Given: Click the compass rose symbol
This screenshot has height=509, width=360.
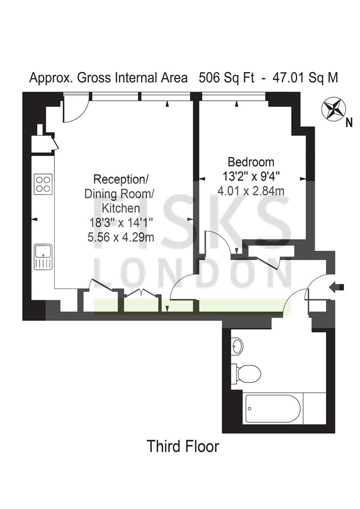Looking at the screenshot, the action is point(332,109).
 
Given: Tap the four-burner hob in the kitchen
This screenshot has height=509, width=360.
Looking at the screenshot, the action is point(43,184).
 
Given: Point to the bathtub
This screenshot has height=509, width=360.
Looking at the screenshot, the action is point(274,408).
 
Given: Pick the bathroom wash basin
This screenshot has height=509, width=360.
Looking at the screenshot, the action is point(237,346).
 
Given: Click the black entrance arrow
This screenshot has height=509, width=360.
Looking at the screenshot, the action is point(336,287).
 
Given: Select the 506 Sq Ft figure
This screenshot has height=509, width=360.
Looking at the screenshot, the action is point(226,78).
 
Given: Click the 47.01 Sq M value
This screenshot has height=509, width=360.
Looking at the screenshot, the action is point(305,78).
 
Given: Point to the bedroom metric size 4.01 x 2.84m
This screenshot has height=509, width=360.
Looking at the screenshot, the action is point(251,190).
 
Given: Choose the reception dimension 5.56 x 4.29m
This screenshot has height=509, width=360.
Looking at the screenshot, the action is point(121,237).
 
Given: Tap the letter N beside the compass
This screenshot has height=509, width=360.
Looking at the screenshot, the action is point(349,123).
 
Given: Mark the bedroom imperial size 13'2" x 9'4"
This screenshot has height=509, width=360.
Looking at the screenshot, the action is point(251,176).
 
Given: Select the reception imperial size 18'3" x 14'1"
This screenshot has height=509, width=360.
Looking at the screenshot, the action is point(121,223).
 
